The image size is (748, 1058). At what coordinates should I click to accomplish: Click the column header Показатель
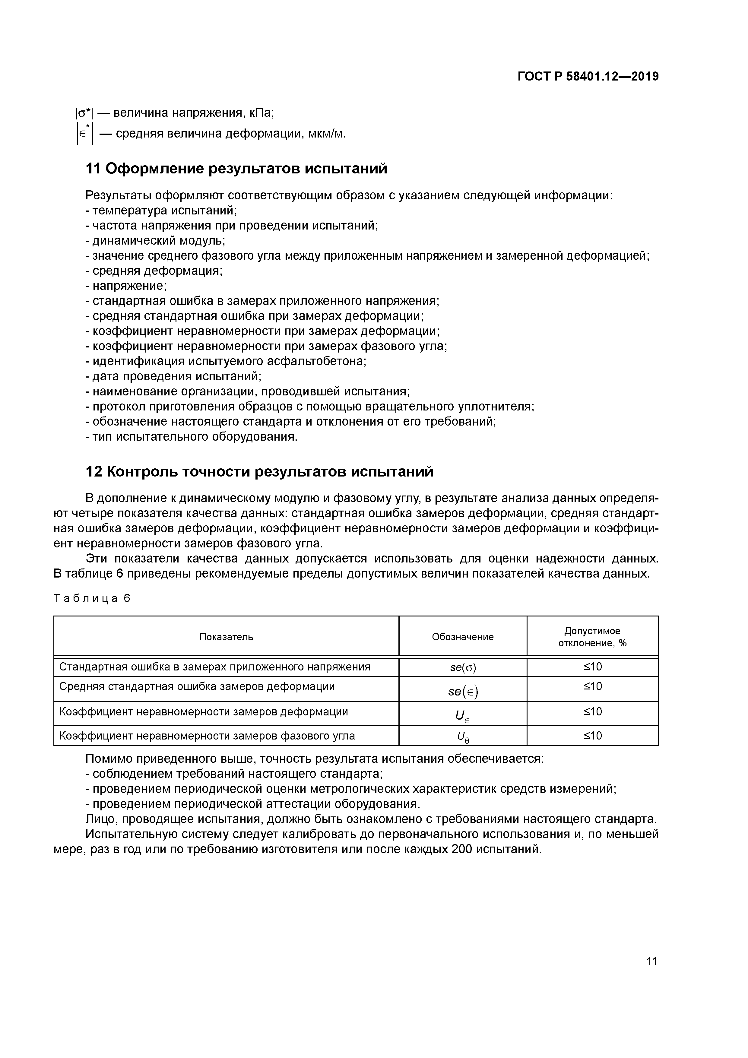point(226,637)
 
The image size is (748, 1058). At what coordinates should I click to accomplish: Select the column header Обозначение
point(462,637)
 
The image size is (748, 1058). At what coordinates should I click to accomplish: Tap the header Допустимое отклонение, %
point(592,637)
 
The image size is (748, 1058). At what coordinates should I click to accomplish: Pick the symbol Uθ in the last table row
point(462,737)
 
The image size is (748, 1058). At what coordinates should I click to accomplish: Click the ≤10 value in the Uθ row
point(593,735)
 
